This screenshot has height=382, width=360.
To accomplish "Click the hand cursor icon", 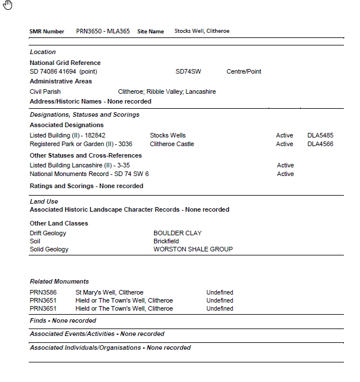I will coord(7,5).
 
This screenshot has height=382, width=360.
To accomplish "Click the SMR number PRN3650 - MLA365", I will coord(103,31).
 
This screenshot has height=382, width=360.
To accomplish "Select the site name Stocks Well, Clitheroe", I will coord(202,31).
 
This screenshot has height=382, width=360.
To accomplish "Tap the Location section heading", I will coord(43,52).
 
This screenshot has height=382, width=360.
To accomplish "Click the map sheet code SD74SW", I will coord(188,71).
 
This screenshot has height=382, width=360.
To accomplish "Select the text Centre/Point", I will coord(244,71).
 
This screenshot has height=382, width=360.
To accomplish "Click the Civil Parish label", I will coord(45,91).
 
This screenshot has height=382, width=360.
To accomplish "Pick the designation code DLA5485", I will coord(320,136).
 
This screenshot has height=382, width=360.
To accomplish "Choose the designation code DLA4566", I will coord(320,144).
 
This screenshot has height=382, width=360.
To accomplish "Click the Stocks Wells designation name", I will coord(168,136).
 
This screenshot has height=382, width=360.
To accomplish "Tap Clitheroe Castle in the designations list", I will coord(172,144).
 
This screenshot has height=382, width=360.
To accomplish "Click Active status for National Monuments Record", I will coord(285,174).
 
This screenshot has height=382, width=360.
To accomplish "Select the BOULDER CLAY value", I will coord(178,233).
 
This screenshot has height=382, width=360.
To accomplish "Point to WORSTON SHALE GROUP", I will coord(193,249).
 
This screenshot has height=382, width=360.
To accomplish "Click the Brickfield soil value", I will coord(166,241).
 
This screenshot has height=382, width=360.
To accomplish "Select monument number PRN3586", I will coord(42,292).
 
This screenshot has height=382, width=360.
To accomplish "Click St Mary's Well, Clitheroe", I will coord(109,292).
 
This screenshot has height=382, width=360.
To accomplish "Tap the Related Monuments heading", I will coord(59,281).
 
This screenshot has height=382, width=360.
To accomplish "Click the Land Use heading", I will coord(44,201).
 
